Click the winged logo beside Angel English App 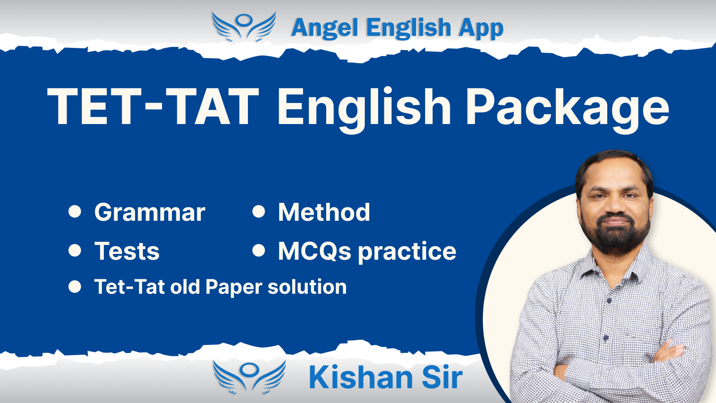(x=244, y=27)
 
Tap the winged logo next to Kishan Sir (x=249, y=377)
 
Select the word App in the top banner (x=481, y=29)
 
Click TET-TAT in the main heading (x=153, y=106)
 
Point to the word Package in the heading (x=568, y=110)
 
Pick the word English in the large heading (x=364, y=110)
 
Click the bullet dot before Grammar (x=75, y=212)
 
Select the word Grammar (x=149, y=212)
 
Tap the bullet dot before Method (x=259, y=212)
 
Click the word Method (x=324, y=212)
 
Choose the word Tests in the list (x=127, y=251)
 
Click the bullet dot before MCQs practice (x=259, y=250)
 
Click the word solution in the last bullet (x=307, y=287)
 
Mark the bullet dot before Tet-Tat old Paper (x=75, y=287)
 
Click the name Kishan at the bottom (x=360, y=377)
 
